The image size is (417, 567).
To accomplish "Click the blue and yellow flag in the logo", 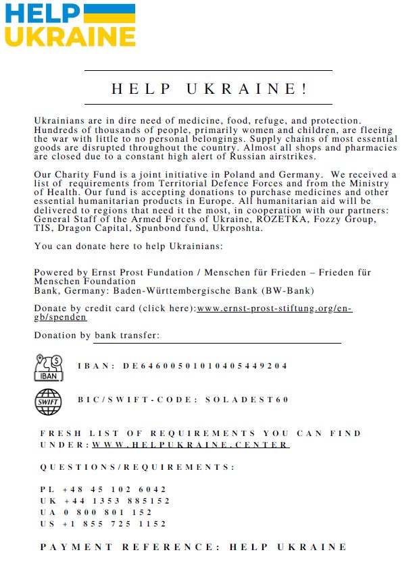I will click(109, 13).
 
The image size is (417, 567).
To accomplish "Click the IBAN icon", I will click(48, 367).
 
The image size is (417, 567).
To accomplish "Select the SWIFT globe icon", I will click(48, 402).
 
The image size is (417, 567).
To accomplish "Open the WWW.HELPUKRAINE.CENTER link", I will click(191, 445).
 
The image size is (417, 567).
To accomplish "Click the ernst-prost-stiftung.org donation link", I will click(274, 308).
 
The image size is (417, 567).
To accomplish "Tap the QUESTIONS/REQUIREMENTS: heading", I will click(137, 467).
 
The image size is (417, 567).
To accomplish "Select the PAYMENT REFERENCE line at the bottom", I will click(193, 547).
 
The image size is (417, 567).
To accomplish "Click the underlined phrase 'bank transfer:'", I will click(127, 335).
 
